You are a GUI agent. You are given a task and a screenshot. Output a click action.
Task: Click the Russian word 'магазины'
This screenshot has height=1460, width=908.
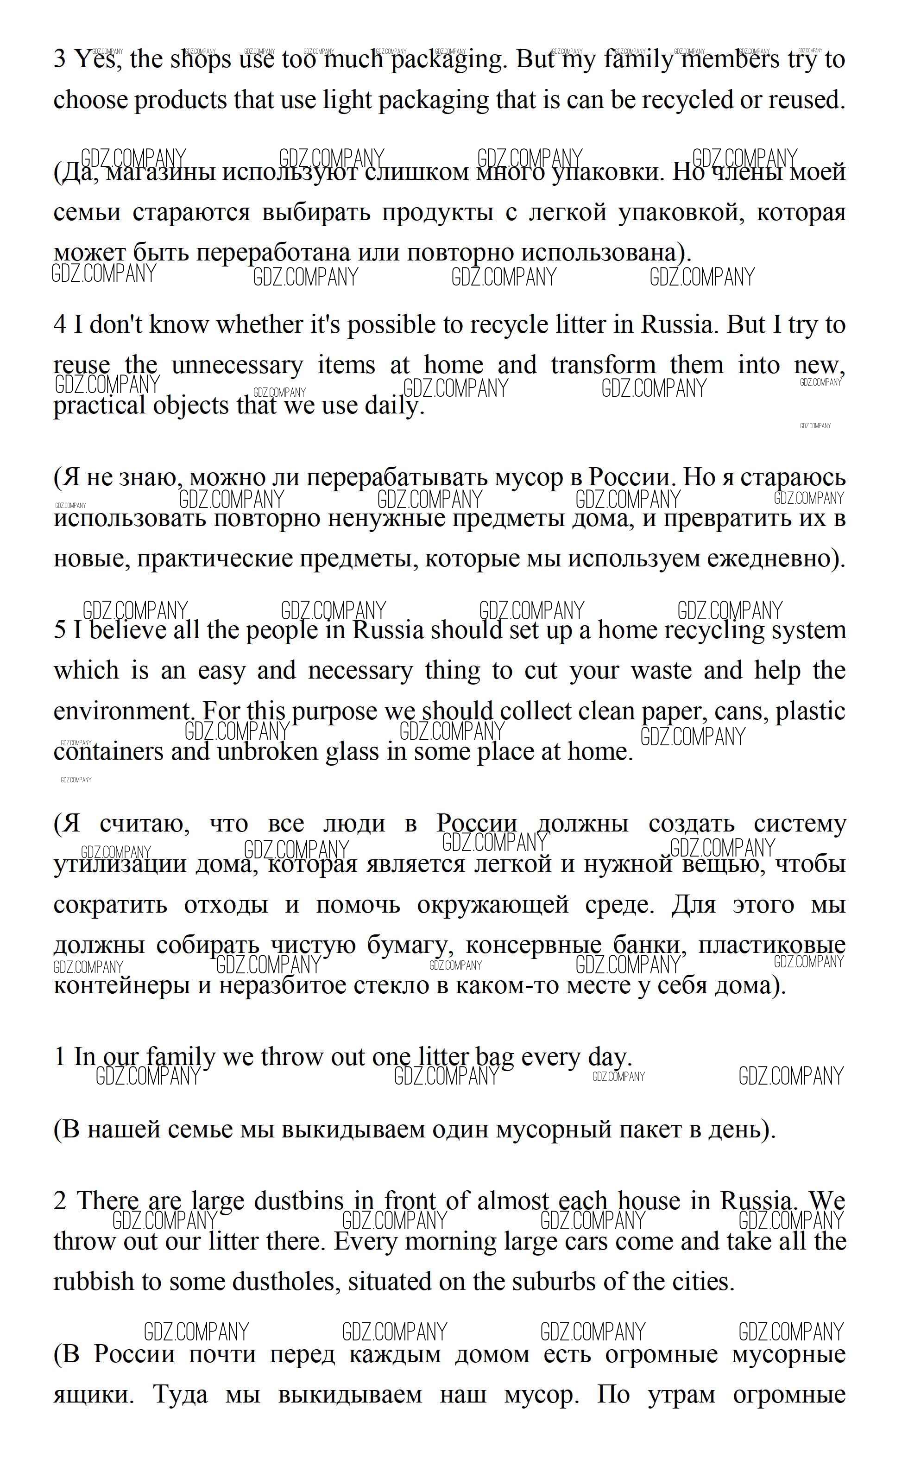(160, 173)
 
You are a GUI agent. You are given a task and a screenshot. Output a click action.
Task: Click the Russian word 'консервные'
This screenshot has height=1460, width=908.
(533, 945)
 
